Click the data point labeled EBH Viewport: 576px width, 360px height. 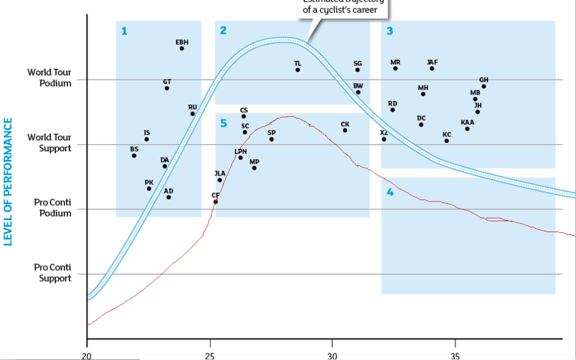tap(181, 48)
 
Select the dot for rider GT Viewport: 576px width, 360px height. tap(167, 88)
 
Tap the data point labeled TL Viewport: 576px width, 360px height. tap(298, 70)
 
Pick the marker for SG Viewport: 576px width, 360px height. tap(357, 70)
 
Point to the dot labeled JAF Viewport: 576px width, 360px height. tap(432, 69)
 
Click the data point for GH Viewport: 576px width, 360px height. tap(484, 86)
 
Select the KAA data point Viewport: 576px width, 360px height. tap(467, 128)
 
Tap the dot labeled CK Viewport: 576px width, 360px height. tap(345, 130)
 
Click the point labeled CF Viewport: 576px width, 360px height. tap(215, 201)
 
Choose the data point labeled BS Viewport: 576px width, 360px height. tap(134, 156)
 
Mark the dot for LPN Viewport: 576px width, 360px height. tap(240, 157)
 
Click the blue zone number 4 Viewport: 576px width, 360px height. tap(390, 192)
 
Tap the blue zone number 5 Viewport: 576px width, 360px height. tap(223, 123)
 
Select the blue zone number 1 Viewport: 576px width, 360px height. tap(124, 31)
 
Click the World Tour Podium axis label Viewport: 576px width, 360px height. tap(49, 78)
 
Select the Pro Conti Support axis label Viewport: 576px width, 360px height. tap(52, 273)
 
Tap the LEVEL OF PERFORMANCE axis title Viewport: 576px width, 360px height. tap(8, 181)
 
